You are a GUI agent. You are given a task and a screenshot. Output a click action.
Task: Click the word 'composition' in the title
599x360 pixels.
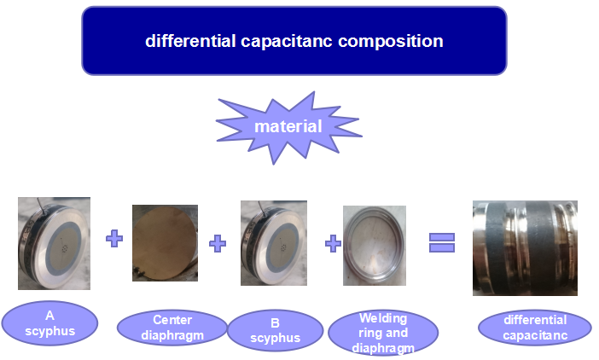(x=391, y=41)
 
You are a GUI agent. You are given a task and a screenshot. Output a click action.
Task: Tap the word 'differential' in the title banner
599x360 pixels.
(x=190, y=41)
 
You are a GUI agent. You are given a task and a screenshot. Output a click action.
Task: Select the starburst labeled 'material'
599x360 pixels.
(x=288, y=127)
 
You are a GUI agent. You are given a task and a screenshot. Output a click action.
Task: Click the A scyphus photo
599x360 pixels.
(x=55, y=243)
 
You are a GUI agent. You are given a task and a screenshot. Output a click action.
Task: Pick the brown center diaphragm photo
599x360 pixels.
(x=165, y=243)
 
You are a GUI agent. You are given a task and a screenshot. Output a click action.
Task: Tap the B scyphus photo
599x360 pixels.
(x=274, y=243)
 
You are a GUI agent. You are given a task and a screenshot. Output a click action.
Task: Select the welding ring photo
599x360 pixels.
(x=375, y=246)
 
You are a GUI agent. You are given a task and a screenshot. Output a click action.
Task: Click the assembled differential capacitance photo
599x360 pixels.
(x=525, y=248)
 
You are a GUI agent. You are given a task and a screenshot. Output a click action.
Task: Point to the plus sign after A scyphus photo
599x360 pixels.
(x=114, y=238)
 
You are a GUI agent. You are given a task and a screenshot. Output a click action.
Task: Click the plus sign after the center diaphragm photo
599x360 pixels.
(x=218, y=243)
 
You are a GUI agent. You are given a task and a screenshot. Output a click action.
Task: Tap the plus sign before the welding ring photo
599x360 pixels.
(x=333, y=243)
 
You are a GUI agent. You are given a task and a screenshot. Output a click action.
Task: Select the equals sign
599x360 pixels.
(x=442, y=243)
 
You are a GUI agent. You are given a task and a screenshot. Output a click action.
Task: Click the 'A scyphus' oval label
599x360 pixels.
(x=49, y=323)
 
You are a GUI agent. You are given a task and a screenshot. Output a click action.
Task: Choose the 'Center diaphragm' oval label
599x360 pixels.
(x=172, y=328)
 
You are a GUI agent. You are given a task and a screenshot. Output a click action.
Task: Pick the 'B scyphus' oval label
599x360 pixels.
(x=275, y=330)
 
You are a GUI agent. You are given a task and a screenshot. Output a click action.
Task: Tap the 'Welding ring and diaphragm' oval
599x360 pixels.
(x=383, y=333)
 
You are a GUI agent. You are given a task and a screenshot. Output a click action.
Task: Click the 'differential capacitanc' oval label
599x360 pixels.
(x=535, y=328)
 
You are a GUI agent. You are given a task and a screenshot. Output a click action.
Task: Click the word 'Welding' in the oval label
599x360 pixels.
(x=383, y=318)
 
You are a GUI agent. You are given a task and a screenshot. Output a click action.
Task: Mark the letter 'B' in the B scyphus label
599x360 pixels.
(x=275, y=323)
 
